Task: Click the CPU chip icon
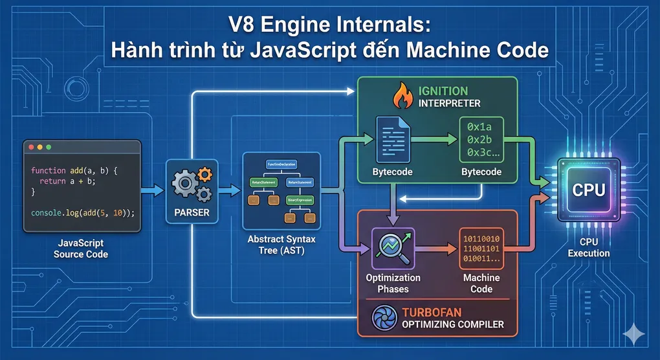pos(589,190)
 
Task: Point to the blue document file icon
pos(392,138)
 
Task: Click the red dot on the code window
pos(30,148)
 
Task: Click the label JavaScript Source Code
pos(81,249)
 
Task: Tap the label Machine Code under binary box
pos(481,283)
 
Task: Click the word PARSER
pos(191,211)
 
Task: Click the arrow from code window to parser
pos(155,190)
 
